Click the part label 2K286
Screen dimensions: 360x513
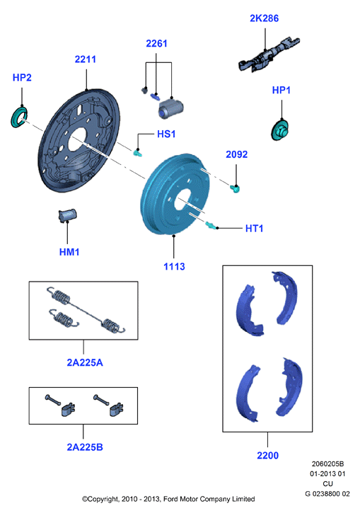(x=265, y=18)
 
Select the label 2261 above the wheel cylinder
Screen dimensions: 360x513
(x=156, y=43)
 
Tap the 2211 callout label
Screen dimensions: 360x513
(x=86, y=59)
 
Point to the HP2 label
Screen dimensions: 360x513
(x=22, y=78)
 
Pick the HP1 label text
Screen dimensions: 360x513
(x=281, y=90)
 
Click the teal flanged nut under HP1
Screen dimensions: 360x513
(x=280, y=130)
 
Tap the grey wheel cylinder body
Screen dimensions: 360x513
(x=170, y=108)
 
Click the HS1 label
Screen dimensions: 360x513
(x=166, y=134)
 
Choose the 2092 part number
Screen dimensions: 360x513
(x=237, y=154)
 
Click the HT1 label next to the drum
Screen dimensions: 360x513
(x=254, y=229)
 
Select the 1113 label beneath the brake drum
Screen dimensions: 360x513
(x=174, y=267)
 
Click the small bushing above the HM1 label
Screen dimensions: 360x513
(x=67, y=215)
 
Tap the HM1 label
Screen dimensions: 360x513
(x=69, y=252)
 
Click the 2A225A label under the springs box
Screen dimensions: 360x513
(x=85, y=362)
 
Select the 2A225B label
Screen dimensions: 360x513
(x=85, y=447)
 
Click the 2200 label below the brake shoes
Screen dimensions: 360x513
(x=267, y=456)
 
